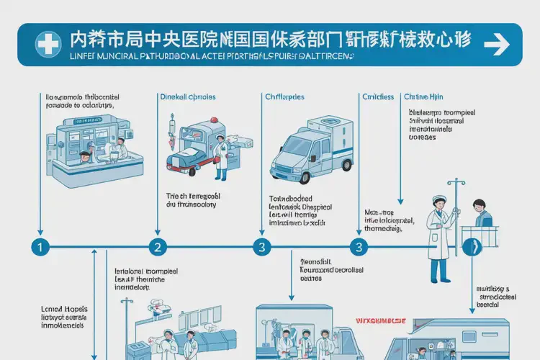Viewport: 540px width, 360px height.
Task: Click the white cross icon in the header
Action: coord(48,45)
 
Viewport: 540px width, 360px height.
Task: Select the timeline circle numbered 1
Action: coord(40,247)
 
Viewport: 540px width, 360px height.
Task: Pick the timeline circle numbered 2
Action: coord(158,247)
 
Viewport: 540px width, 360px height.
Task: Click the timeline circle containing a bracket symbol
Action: coord(474,247)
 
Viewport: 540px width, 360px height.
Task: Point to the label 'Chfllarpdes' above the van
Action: coord(284,96)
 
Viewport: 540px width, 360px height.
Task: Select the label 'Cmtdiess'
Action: coord(378,96)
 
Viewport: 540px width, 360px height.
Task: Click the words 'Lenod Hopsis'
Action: coord(60,307)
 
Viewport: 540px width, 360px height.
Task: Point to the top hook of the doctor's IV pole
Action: coord(451,185)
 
